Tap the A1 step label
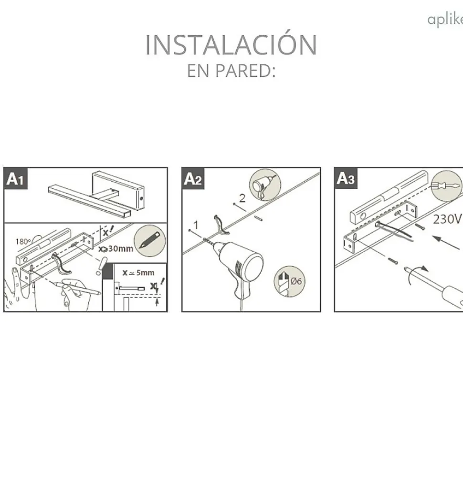click(15, 179)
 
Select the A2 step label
click(193, 179)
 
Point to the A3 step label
click(346, 179)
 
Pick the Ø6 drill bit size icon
click(289, 281)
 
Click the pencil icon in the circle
click(150, 240)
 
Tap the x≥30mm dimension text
click(116, 249)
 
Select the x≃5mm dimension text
click(138, 273)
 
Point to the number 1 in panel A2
click(196, 225)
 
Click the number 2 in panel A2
click(242, 198)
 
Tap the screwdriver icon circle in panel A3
click(446, 186)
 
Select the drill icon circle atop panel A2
click(265, 185)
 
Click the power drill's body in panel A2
click(240, 267)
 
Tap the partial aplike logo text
click(445, 19)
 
